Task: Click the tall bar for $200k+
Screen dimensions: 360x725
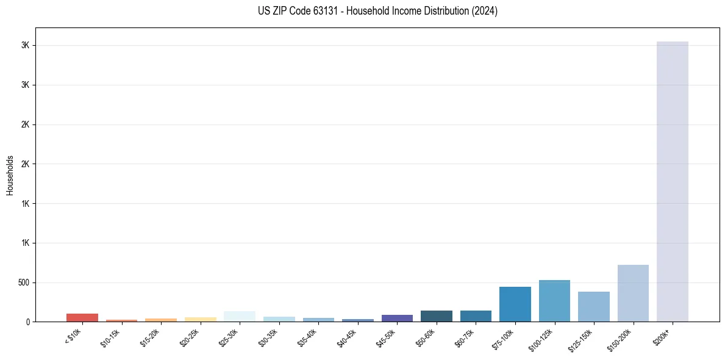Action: (672, 181)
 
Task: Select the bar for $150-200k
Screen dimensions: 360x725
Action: (633, 293)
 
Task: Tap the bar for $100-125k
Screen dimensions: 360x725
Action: (554, 301)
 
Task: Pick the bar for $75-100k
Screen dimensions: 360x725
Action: (515, 304)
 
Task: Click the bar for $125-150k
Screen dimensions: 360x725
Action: (593, 306)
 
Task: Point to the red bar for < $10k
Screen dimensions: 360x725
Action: (82, 317)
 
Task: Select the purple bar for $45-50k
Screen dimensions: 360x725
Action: (397, 318)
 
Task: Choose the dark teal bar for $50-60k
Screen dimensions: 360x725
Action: (436, 316)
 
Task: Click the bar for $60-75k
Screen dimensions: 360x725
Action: (476, 316)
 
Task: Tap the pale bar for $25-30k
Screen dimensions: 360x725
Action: (240, 316)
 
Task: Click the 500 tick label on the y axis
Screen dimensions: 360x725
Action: (23, 283)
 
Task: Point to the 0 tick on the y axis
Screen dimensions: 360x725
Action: (27, 322)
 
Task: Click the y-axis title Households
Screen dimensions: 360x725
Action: (10, 175)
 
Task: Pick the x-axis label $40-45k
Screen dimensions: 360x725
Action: (348, 336)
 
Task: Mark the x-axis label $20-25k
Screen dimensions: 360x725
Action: (190, 336)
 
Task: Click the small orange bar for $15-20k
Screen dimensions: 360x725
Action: (161, 320)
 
